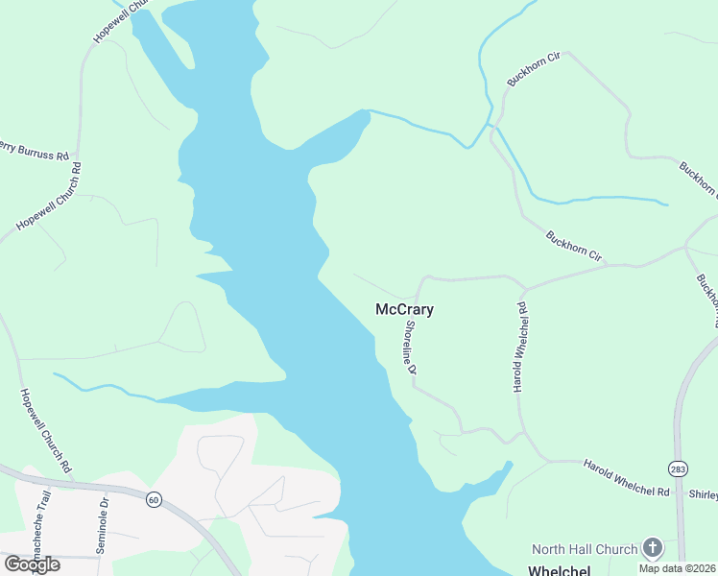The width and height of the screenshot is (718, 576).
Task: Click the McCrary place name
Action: pos(404,310)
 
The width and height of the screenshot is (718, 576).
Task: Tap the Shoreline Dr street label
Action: pos(411,347)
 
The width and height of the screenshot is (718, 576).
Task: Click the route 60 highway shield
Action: pos(153,499)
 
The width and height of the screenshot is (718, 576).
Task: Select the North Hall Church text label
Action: pos(585,549)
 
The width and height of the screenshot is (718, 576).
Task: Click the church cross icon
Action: pos(653,548)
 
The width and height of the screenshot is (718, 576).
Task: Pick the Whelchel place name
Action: pos(560,569)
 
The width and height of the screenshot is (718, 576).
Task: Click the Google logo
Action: pos(32,564)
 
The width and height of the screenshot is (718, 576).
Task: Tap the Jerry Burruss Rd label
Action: pos(35,150)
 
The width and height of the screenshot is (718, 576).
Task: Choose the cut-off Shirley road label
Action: pos(703,493)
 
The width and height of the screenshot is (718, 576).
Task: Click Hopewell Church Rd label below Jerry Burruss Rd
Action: pos(50,197)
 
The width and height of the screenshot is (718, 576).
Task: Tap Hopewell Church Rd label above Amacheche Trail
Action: pos(45,430)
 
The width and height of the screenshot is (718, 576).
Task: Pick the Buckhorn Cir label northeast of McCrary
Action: pos(574,247)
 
